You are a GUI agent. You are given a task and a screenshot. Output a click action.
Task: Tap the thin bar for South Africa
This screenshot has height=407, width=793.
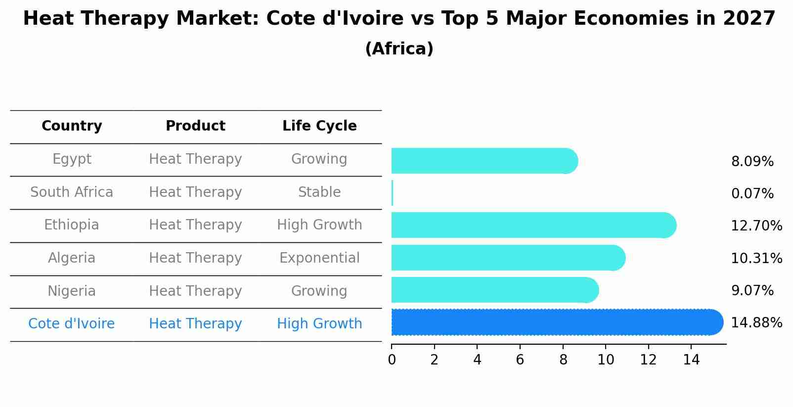392,193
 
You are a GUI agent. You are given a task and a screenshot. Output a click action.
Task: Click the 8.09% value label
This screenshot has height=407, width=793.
752,162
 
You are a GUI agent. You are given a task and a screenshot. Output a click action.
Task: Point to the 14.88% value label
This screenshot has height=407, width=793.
756,323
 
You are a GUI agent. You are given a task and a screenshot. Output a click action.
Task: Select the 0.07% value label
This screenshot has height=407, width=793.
752,194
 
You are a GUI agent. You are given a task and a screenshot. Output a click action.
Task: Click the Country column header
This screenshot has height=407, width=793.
72,126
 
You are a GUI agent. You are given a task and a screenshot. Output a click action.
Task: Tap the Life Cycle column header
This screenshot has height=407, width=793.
319,126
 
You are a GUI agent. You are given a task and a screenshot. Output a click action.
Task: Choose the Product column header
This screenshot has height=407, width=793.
195,126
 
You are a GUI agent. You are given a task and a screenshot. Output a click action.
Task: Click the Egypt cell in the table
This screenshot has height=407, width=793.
72,159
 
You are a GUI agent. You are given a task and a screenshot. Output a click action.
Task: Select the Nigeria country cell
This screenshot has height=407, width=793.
72,291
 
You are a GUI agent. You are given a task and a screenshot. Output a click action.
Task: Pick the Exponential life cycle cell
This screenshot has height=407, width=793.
319,258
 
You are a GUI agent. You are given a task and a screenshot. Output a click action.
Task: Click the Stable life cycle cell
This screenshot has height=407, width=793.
319,192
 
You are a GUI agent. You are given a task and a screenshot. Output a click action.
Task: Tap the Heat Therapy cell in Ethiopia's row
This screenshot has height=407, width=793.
195,225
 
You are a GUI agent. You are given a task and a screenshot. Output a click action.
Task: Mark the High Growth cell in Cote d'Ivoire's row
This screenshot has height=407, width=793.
319,324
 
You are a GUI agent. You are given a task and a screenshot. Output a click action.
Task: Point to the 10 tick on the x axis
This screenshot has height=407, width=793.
606,360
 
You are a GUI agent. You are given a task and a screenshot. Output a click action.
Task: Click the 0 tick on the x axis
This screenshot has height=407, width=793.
392,360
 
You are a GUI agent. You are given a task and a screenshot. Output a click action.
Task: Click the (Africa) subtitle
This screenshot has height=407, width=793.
399,49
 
